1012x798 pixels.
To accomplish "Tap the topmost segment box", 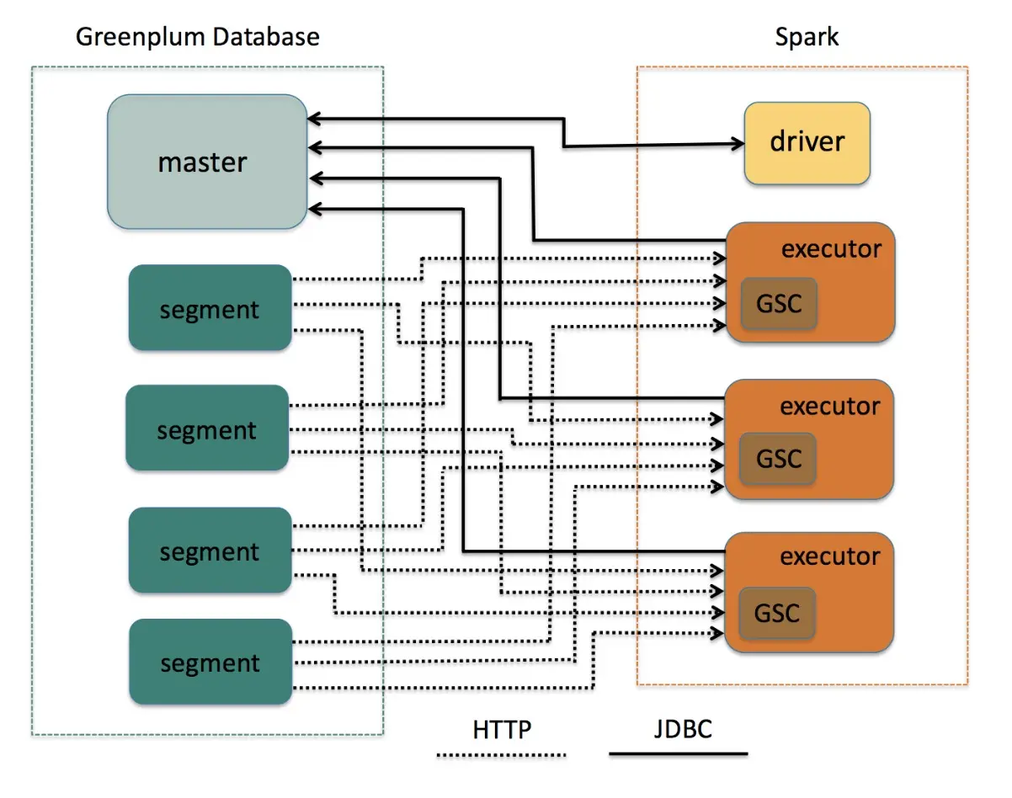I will [210, 308].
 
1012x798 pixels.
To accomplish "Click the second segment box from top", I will [207, 428].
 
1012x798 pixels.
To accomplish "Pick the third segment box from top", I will [210, 551].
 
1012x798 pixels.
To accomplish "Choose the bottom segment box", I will [210, 662].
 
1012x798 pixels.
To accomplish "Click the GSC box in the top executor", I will [778, 303].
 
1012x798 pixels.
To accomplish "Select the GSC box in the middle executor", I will [777, 459].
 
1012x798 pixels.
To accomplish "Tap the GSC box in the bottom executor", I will [777, 612].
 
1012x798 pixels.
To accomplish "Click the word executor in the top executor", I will [831, 249].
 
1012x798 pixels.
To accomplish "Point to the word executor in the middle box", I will [830, 406].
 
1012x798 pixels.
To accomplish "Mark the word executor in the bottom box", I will [830, 556].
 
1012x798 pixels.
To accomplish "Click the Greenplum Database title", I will [198, 37].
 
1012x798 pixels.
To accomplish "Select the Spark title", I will [807, 37].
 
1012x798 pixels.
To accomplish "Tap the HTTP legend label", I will [502, 729].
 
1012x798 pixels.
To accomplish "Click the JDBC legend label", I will [682, 728].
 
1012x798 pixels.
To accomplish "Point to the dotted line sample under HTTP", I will [502, 755].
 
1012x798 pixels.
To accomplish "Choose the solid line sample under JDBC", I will [678, 754].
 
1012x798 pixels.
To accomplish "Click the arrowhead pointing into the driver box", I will [738, 145].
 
